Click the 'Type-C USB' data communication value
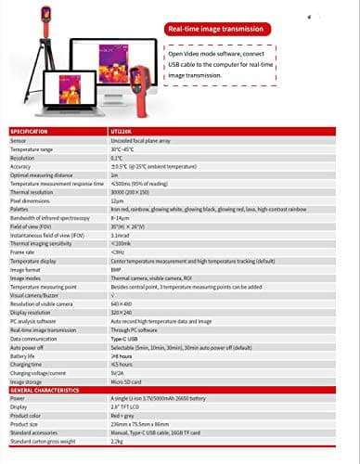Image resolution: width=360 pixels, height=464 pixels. [124, 339]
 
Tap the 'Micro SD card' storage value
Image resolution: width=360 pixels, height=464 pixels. [127, 381]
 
